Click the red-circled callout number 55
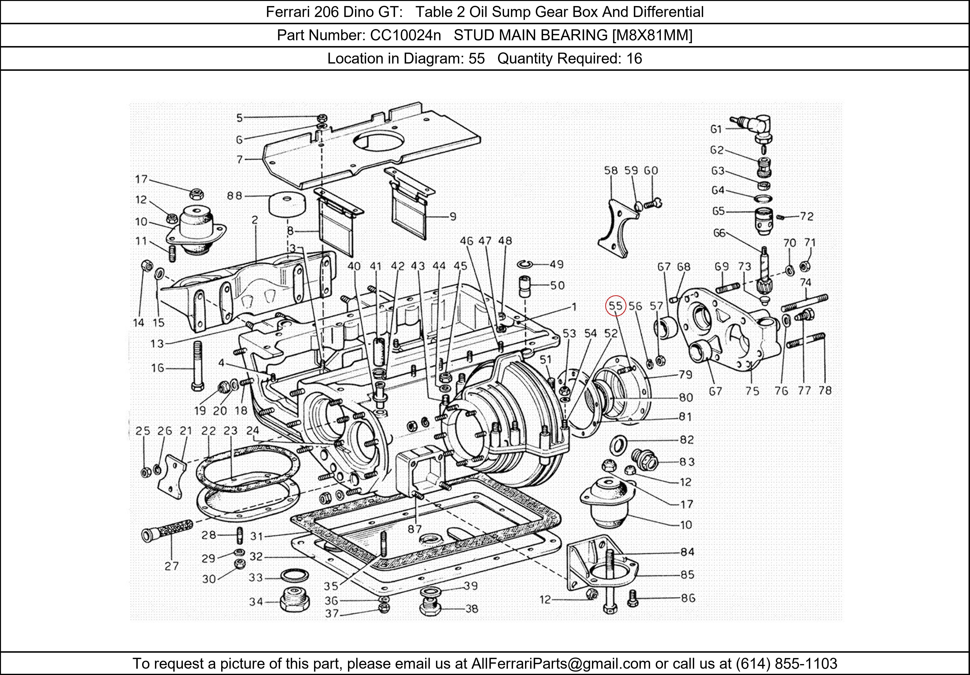click(615, 306)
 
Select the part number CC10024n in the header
click(405, 35)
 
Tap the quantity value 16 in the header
click(634, 58)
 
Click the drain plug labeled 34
click(294, 601)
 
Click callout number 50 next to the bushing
click(557, 286)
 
